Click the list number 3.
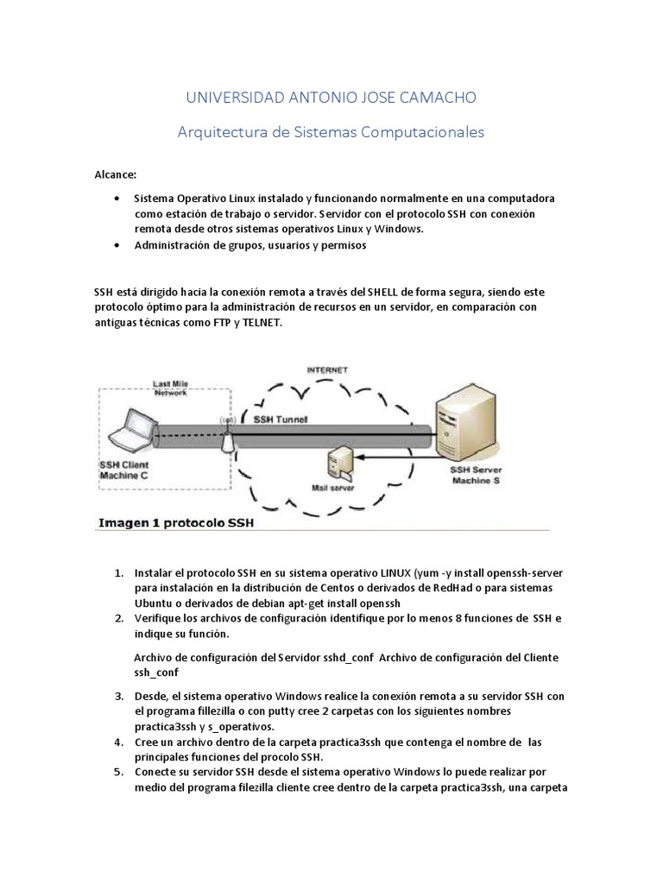point(119,696)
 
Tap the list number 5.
point(119,771)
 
